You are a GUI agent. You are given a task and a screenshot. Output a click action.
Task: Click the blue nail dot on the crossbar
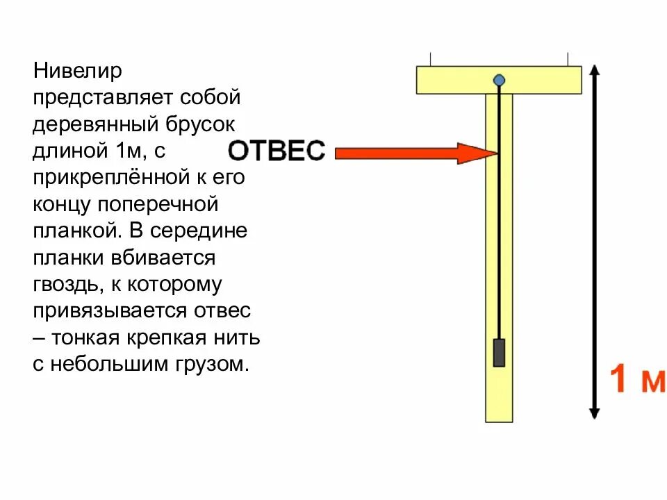point(499,80)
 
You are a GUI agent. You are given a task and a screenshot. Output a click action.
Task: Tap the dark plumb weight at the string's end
point(499,352)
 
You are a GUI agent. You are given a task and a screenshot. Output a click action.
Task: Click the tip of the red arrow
point(495,153)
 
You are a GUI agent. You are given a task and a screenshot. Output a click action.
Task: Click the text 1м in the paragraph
point(125,151)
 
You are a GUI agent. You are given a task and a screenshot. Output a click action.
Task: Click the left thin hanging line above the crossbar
point(431,59)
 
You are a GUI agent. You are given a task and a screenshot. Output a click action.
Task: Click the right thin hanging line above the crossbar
point(568,59)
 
